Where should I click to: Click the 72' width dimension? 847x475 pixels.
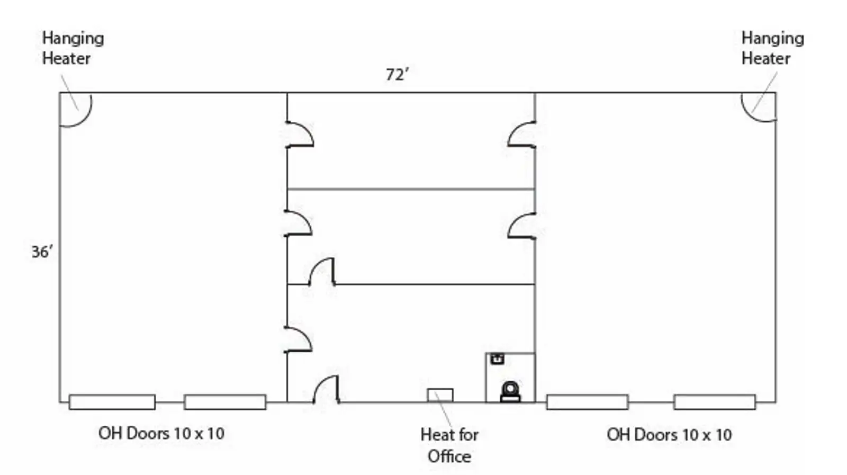point(397,75)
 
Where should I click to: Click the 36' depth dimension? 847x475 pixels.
point(42,252)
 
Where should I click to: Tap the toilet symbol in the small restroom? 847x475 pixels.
point(510,392)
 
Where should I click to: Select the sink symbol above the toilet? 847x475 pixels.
point(497,359)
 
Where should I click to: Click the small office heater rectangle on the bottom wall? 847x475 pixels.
point(440,395)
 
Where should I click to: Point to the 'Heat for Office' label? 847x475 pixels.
point(449,445)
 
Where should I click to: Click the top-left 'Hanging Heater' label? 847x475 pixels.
point(73,48)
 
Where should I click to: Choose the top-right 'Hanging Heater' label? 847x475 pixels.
point(772,48)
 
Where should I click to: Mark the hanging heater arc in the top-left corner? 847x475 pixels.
point(76,110)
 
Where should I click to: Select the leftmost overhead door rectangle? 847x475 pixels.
point(112,402)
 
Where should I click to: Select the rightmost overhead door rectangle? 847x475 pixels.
point(714,402)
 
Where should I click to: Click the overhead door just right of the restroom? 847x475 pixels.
point(587,402)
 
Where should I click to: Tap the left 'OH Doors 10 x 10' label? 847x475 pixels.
point(161,433)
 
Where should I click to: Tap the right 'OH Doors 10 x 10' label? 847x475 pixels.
point(669,435)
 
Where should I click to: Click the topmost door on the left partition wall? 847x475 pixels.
point(300,135)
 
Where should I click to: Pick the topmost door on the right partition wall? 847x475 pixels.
point(522,135)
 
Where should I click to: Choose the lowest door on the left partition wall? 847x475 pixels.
point(299,339)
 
